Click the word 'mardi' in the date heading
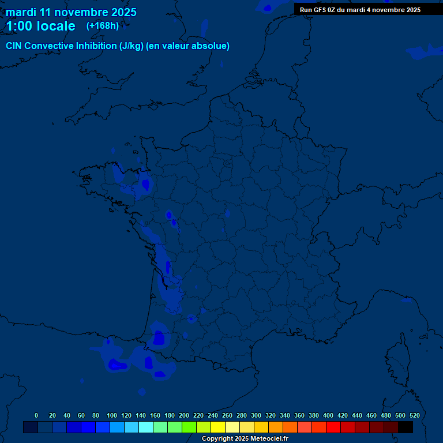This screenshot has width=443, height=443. pyautogui.click(x=21, y=12)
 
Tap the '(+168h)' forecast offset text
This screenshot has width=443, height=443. pyautogui.click(x=103, y=25)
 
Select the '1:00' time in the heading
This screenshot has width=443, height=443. pyautogui.click(x=19, y=26)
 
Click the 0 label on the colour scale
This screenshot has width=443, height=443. pyautogui.click(x=36, y=415)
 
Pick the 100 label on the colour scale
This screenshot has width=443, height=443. pyautogui.click(x=112, y=415)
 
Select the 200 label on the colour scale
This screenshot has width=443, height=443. pyautogui.click(x=184, y=415)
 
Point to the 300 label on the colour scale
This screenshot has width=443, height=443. pyautogui.click(x=256, y=415)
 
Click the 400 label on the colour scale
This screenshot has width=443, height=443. pyautogui.click(x=328, y=415)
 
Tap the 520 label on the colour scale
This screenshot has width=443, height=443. pyautogui.click(x=415, y=415)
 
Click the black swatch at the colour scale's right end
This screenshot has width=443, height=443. pyautogui.click(x=406, y=427)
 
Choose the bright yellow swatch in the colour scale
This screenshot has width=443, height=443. pyautogui.click(x=218, y=427)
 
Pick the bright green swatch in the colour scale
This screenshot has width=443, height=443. pyautogui.click(x=189, y=427)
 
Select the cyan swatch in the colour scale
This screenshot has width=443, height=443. pyautogui.click(x=146, y=427)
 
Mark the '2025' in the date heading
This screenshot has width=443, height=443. pyautogui.click(x=123, y=12)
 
